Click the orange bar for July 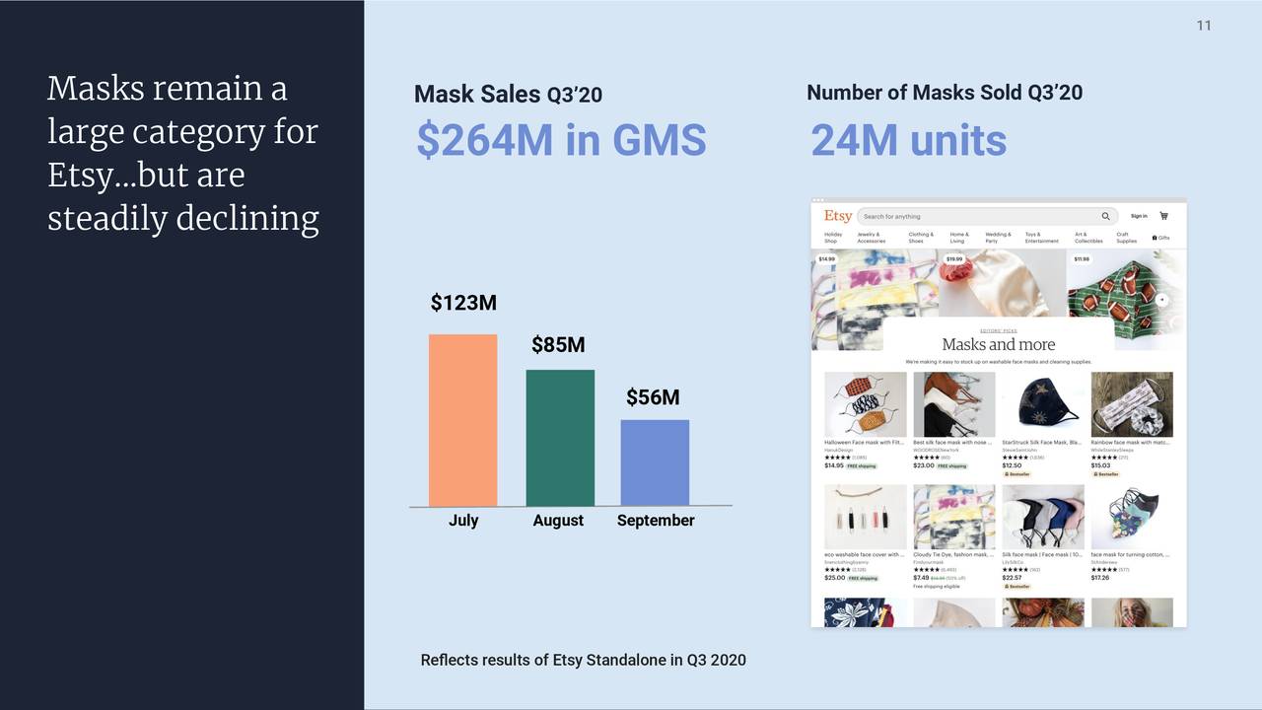[x=462, y=420]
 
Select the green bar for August [x=560, y=438]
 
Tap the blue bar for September [x=655, y=462]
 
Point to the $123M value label [x=463, y=303]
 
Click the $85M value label [x=558, y=345]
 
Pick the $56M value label [x=653, y=397]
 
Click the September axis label [x=656, y=521]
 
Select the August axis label [x=558, y=521]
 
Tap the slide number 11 [x=1204, y=26]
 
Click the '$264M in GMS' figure [x=561, y=140]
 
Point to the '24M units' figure [x=908, y=141]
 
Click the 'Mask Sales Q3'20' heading [x=508, y=95]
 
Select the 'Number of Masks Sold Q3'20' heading [x=945, y=93]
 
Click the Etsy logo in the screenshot [x=838, y=216]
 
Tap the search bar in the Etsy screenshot [x=986, y=216]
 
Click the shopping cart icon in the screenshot [x=1163, y=216]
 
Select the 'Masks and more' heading [x=998, y=344]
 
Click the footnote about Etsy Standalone [x=583, y=660]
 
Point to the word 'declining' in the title [x=250, y=218]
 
